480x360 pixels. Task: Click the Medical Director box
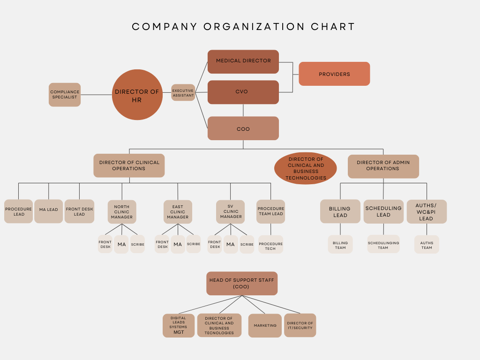click(x=243, y=61)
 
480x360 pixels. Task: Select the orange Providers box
click(x=334, y=74)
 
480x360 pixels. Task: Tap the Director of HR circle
click(x=137, y=95)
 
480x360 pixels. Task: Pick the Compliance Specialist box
click(x=65, y=95)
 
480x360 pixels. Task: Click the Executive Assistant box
click(x=183, y=93)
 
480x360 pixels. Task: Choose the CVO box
click(x=243, y=92)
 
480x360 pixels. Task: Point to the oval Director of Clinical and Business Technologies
click(x=306, y=168)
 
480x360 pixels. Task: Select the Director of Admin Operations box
click(x=383, y=166)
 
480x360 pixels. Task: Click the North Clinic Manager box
click(x=122, y=212)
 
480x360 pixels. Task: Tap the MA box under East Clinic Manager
click(x=178, y=244)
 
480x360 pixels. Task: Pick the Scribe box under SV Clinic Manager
click(x=247, y=244)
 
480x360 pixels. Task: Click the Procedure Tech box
click(x=270, y=244)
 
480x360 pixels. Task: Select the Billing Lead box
click(x=340, y=212)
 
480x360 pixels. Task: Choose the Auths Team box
click(x=427, y=245)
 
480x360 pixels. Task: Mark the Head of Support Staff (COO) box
click(x=242, y=283)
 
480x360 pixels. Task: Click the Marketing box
click(x=265, y=326)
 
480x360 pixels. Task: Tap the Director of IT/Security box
click(x=300, y=325)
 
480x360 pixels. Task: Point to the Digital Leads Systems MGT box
click(x=179, y=325)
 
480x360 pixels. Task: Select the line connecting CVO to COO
click(x=243, y=110)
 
